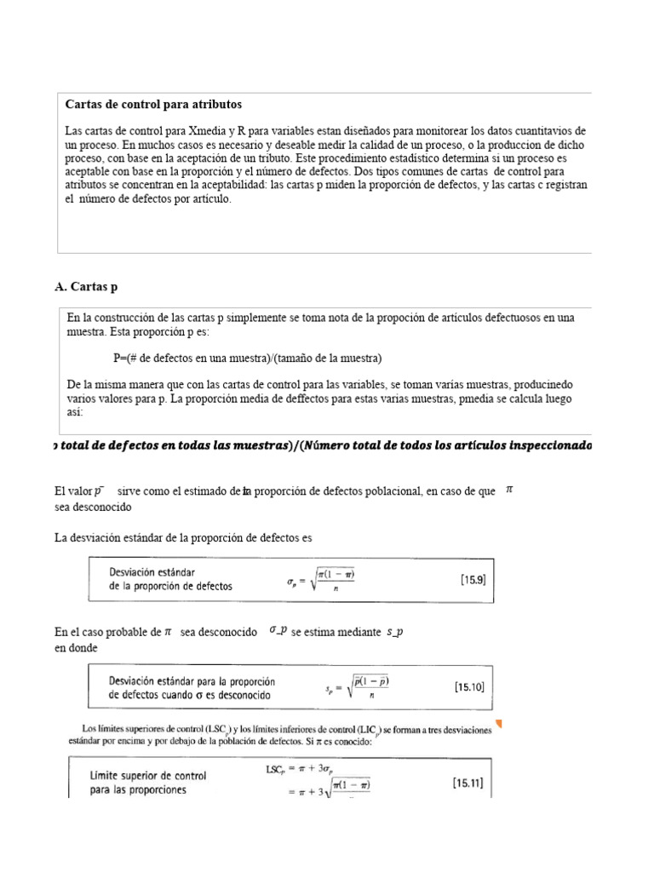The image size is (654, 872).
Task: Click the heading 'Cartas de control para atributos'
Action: [153, 104]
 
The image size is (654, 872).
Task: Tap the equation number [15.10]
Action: [469, 686]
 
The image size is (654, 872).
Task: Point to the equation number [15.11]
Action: [468, 783]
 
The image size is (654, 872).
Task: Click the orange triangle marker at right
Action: [499, 725]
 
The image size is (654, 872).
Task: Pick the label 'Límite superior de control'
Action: [148, 776]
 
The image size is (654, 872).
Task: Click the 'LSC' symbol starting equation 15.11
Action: [276, 769]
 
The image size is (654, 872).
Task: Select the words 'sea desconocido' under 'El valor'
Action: [93, 506]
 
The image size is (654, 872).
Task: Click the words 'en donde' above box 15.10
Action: [75, 647]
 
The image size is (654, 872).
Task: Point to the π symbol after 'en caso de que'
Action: [509, 490]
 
